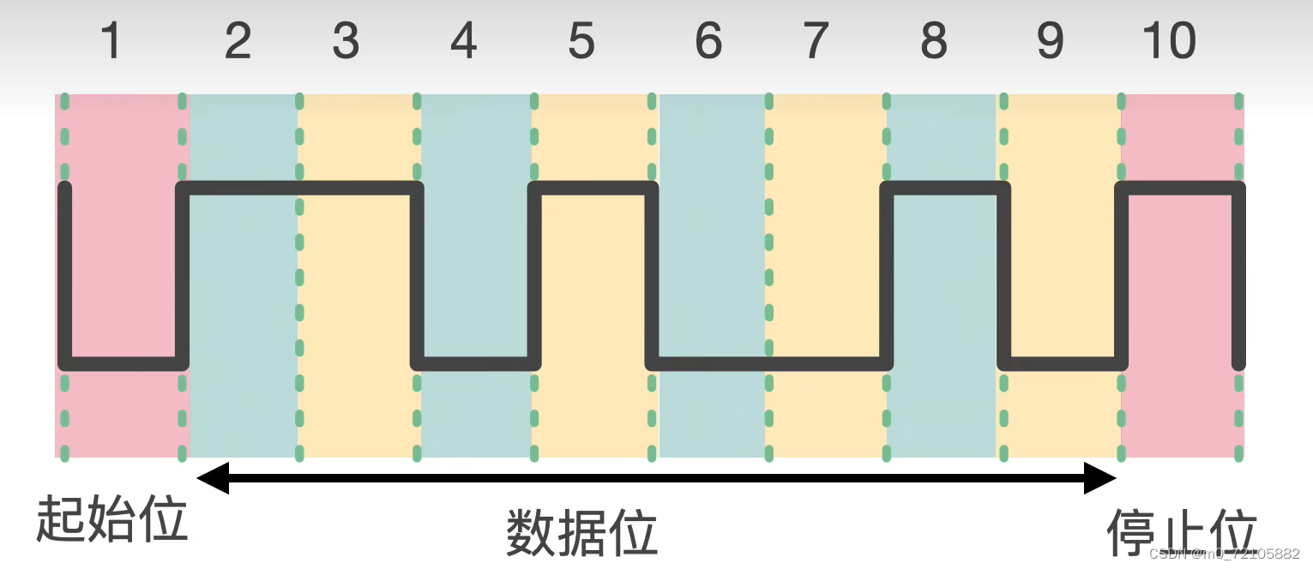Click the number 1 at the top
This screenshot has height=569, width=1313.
tap(111, 41)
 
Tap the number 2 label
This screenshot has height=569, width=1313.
tap(238, 41)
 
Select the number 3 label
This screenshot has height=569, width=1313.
tap(346, 41)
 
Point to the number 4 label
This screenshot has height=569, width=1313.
tap(463, 41)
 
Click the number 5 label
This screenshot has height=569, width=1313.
tap(581, 41)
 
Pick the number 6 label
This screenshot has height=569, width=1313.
tap(708, 41)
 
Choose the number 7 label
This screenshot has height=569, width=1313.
tap(816, 41)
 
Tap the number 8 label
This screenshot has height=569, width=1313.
tap(933, 41)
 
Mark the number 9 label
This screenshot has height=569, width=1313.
tap(1050, 41)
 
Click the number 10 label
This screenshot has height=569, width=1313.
tap(1169, 41)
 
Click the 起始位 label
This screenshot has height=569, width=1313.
tap(111, 518)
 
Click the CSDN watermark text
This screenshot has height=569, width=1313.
tap(1223, 554)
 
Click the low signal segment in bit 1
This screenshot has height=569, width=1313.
tap(124, 364)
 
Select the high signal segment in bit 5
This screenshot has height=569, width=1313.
tap(593, 188)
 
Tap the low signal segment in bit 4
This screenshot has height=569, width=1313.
tap(475, 364)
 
